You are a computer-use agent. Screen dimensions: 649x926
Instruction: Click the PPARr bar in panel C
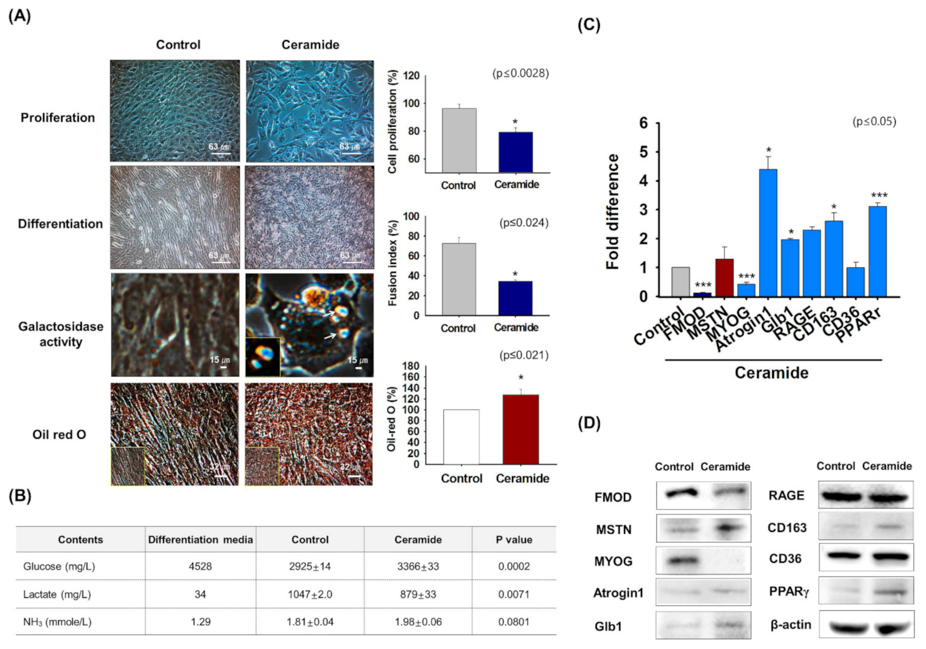[878, 251]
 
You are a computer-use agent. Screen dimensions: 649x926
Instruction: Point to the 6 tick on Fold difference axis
[643, 123]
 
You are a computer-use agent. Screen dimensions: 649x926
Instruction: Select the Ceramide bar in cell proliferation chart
[515, 152]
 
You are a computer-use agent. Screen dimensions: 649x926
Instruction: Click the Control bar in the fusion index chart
[459, 279]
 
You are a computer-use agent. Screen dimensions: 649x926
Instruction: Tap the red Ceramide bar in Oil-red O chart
[521, 429]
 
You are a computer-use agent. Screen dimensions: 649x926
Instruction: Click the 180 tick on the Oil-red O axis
[413, 366]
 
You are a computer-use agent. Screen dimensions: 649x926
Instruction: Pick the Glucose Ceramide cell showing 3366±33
[418, 566]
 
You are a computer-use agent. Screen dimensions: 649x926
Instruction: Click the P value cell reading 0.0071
[513, 594]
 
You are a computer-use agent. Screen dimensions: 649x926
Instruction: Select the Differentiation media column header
[200, 539]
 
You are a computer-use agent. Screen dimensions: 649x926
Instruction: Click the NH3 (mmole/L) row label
[57, 622]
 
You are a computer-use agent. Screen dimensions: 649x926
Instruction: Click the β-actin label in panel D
[791, 625]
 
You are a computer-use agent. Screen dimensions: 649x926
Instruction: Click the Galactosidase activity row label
[61, 334]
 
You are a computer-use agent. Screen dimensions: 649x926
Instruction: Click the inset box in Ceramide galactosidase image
[262, 357]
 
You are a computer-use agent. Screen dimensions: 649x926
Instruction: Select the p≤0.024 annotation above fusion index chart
[524, 223]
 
